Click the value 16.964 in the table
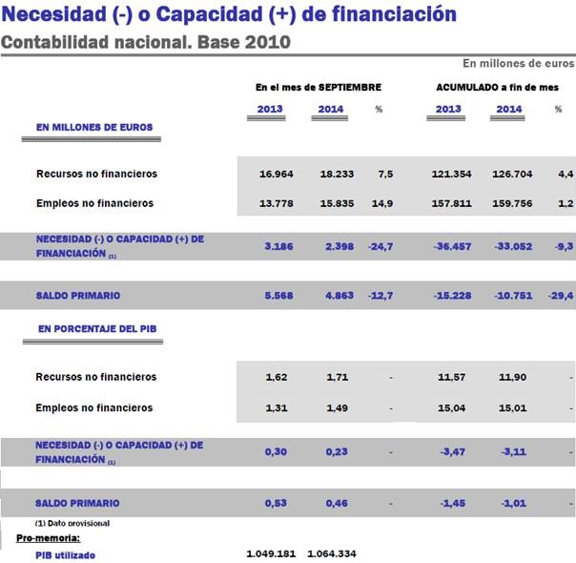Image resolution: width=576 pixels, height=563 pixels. click(277, 175)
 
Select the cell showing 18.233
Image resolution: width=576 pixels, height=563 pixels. click(330, 175)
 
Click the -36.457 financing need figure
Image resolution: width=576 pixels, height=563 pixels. click(451, 246)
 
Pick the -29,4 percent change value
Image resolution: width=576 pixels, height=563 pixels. click(561, 296)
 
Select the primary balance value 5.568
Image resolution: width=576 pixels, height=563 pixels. click(277, 296)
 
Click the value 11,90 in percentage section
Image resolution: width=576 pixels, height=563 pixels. click(513, 378)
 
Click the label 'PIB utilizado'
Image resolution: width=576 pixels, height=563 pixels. click(65, 554)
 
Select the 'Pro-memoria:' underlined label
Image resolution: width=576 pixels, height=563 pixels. click(48, 539)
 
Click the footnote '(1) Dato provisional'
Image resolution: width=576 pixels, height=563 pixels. click(72, 523)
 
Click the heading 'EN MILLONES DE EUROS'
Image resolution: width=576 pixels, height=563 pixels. click(93, 127)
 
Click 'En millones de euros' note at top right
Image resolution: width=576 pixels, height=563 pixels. click(518, 63)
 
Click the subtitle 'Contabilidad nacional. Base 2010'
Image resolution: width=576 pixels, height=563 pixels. click(145, 42)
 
